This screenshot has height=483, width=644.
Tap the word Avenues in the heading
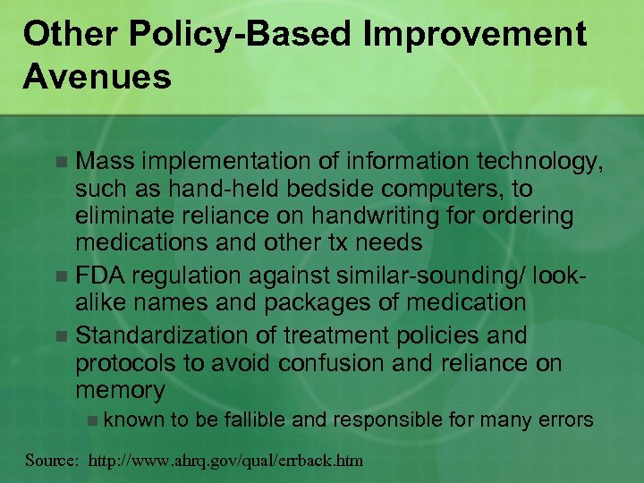click(x=97, y=77)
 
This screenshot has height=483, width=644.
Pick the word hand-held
click(x=218, y=190)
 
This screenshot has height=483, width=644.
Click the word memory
click(x=120, y=391)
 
